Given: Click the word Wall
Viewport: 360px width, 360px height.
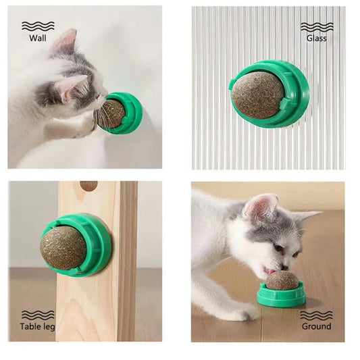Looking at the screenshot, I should point(38,38).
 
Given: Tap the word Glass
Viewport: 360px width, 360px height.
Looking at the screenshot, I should point(316,38).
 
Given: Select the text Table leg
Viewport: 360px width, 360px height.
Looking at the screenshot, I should point(38,327).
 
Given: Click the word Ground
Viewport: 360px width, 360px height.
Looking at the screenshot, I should point(316,326).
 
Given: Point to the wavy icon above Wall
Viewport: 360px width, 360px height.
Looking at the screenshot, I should point(38,26).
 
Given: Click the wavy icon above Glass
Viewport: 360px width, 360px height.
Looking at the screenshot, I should point(316,26).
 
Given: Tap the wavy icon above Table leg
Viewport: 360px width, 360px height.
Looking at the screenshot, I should point(38,315).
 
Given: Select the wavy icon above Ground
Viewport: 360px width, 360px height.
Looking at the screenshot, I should point(316,315).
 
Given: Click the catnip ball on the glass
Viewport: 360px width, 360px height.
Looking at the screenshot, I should point(259,95).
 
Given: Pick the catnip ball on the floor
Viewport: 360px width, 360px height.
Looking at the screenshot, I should point(282,280).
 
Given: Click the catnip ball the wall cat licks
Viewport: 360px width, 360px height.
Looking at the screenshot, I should point(111,113).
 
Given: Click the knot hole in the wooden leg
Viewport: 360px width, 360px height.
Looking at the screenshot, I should point(88,185).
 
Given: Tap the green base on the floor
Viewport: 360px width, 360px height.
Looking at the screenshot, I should point(281,297).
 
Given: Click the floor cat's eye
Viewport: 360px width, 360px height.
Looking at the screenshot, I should point(278,249).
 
